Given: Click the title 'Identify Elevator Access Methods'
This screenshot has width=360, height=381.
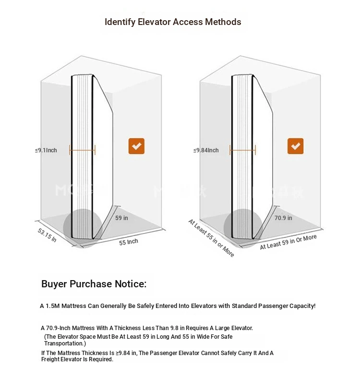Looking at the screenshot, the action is click(173, 22).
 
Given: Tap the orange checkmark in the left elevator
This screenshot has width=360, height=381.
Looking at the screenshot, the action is click(136, 146).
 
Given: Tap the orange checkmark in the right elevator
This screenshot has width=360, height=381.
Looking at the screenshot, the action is click(295, 146).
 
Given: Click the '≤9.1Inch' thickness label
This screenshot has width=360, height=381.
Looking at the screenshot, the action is click(46, 150).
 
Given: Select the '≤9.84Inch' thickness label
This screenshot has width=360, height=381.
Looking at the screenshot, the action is click(206, 150).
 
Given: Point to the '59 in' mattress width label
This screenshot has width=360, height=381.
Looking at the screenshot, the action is click(121, 218).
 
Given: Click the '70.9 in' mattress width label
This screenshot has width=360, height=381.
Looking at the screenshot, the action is click(283, 218).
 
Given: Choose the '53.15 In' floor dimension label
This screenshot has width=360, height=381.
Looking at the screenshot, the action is click(47, 235).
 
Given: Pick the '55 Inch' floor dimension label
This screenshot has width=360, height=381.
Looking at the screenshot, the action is click(129, 242).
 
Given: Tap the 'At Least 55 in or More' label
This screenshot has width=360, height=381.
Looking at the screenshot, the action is click(211, 238).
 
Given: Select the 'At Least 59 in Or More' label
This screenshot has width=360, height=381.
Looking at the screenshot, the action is click(288, 242).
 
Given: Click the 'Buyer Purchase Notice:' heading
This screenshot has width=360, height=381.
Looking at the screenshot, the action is click(94, 284).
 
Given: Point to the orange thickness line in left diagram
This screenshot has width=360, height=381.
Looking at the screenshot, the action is click(82, 150).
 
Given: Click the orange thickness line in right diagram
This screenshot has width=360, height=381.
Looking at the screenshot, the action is click(242, 150).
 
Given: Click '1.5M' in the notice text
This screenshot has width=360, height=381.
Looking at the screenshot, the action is click(52, 306).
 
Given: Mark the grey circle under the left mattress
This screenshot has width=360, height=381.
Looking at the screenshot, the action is click(83, 228).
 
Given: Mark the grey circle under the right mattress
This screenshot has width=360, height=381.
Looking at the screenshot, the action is click(243, 228).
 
